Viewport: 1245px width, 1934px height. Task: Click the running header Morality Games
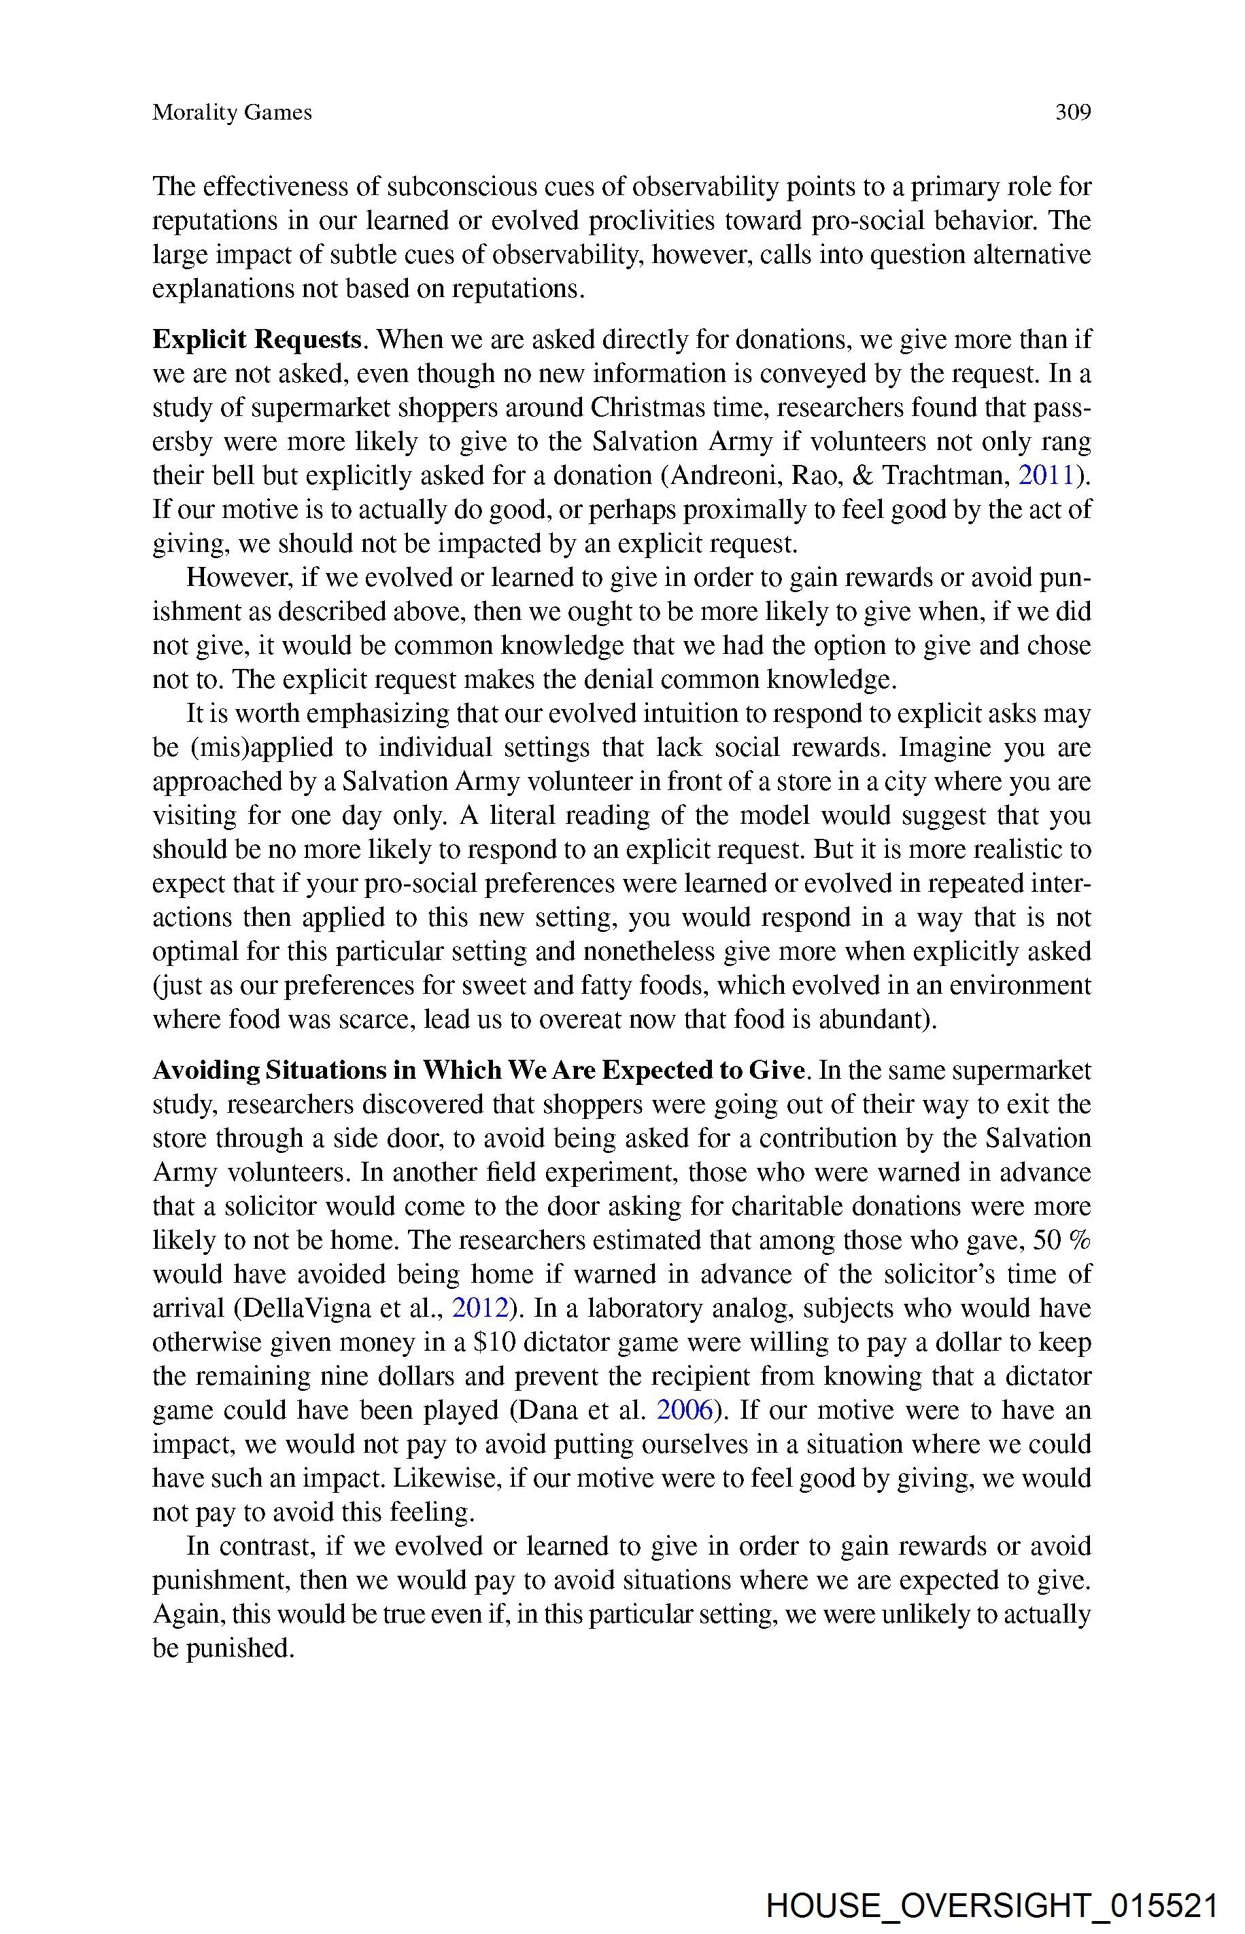click(x=232, y=112)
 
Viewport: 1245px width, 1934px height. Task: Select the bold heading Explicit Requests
click(x=256, y=339)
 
